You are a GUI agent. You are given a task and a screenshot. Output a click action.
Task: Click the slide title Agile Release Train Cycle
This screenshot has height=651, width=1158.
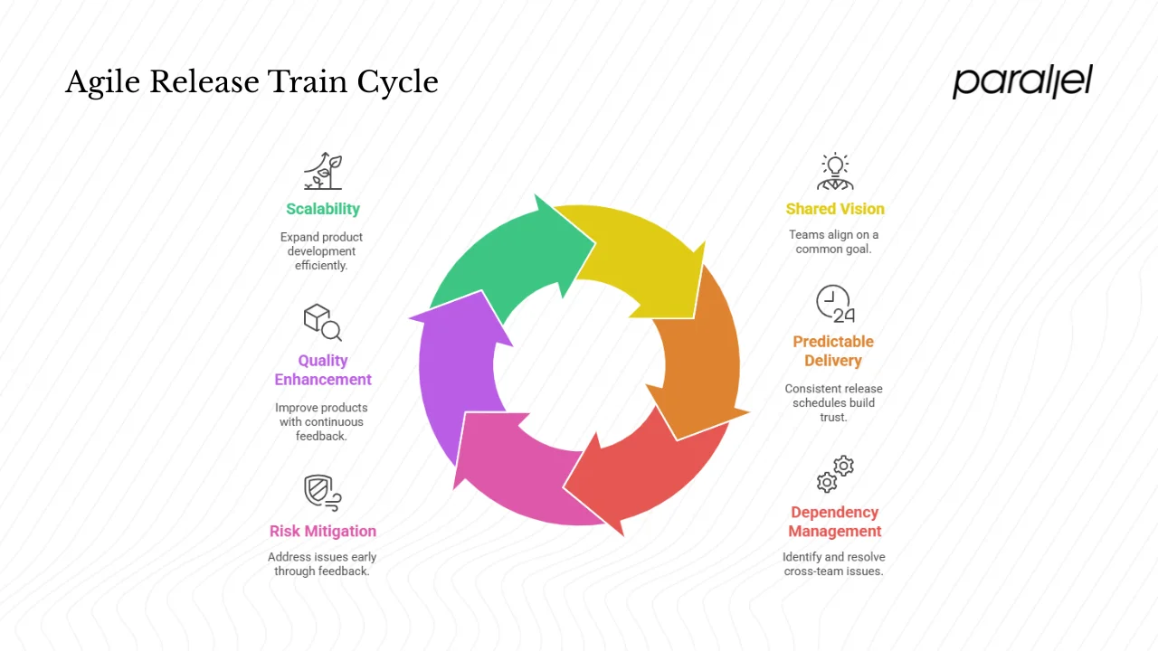252,82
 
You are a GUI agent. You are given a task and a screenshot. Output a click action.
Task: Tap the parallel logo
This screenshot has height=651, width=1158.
1022,81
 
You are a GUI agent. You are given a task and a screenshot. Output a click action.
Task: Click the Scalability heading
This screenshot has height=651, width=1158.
323,209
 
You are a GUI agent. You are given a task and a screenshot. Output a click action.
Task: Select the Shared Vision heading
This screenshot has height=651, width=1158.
835,209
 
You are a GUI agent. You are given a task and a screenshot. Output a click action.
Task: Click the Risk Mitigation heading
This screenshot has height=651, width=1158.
323,531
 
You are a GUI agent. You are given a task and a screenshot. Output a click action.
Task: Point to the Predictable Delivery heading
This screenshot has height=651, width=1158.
833,351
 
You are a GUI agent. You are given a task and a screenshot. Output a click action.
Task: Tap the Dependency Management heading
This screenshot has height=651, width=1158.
834,522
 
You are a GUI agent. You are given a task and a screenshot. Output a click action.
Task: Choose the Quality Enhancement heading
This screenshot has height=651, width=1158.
323,370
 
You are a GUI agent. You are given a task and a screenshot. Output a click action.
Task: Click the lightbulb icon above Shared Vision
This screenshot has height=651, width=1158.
835,171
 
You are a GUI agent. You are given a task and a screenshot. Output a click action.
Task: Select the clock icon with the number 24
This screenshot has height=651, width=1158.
835,305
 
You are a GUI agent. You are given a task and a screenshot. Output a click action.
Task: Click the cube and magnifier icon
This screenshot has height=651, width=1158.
322,322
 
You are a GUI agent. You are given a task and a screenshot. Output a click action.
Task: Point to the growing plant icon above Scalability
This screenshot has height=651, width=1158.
323,171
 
